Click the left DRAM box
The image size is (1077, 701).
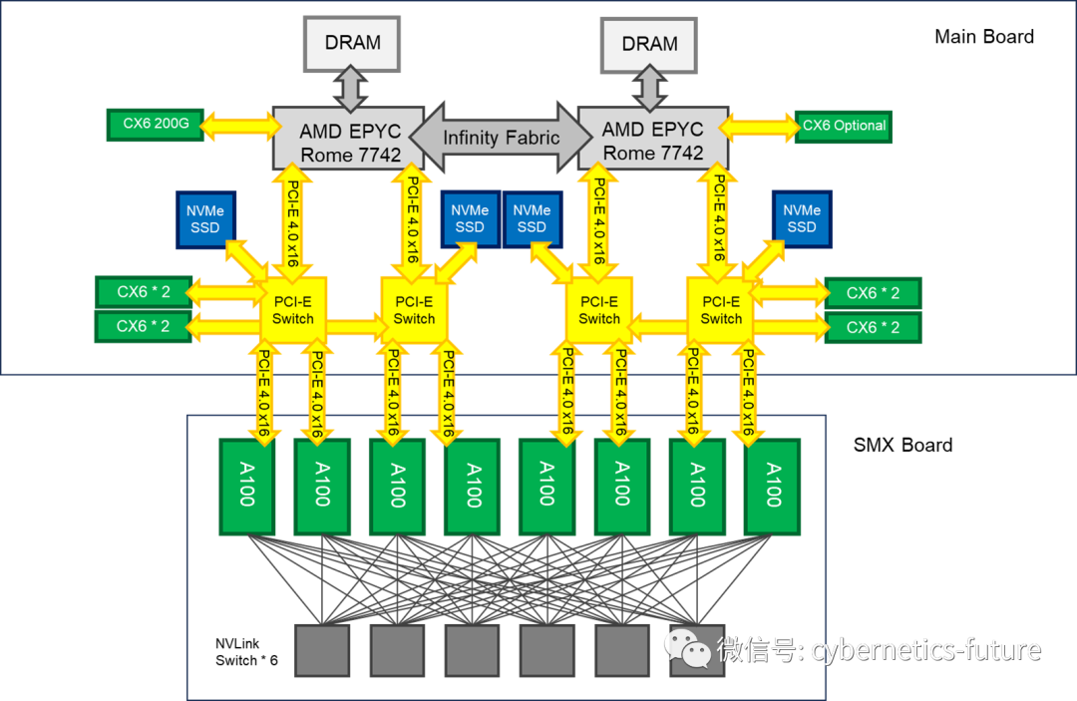[x=352, y=43]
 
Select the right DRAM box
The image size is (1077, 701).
[x=649, y=45]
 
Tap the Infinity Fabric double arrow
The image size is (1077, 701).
[x=501, y=138]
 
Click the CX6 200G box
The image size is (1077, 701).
[x=156, y=125]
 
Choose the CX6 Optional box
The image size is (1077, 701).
[x=844, y=127]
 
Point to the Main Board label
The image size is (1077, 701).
[x=983, y=36]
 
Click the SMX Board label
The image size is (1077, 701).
[x=902, y=445]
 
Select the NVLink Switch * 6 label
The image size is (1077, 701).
[x=246, y=651]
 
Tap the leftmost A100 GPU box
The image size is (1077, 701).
[x=246, y=487]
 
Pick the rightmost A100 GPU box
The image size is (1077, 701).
[x=773, y=487]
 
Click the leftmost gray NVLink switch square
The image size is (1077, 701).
[x=322, y=650]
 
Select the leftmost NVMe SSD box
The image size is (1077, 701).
[x=205, y=219]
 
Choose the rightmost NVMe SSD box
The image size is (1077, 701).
[x=802, y=219]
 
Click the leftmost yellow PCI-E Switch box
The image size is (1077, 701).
[x=292, y=310]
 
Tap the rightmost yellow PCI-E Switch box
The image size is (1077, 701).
[x=721, y=310]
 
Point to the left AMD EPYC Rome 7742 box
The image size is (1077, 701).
[x=349, y=138]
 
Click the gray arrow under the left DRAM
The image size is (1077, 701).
[x=351, y=89]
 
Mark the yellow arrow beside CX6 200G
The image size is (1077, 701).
[x=242, y=126]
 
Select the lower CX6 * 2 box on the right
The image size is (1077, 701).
[x=873, y=327]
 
